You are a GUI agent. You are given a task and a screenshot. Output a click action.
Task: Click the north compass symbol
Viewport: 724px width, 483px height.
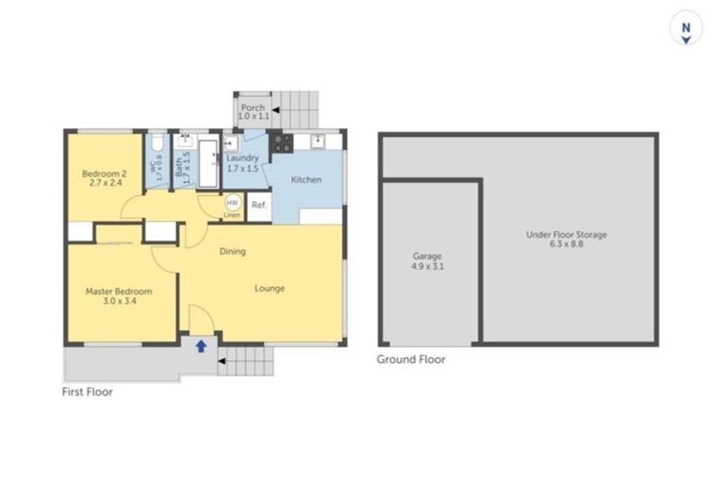tap(686, 28)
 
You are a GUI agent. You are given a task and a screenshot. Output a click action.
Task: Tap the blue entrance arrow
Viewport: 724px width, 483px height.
tap(201, 346)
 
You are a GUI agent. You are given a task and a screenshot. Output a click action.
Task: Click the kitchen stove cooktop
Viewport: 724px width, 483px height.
tap(281, 144)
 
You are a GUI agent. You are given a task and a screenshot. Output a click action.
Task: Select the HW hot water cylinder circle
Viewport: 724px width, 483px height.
tap(232, 203)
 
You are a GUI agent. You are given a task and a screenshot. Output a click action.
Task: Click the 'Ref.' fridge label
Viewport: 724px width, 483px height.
tap(259, 205)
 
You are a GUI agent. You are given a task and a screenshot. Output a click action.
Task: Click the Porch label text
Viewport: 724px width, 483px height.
tap(253, 108)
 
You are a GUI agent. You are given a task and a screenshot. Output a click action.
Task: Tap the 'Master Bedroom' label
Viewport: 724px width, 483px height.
tap(119, 291)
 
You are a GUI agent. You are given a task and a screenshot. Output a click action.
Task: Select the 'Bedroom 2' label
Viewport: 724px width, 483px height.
tap(104, 174)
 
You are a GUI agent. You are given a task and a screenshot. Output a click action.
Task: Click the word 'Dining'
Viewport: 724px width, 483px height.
tap(232, 252)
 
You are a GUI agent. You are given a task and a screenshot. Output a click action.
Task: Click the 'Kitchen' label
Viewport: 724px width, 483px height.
tap(305, 180)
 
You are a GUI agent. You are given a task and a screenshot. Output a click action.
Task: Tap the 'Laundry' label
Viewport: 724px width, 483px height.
tap(242, 158)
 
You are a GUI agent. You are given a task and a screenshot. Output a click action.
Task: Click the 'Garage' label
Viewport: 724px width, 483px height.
tap(427, 256)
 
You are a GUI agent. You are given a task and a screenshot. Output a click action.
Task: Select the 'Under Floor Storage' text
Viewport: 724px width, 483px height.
tap(566, 234)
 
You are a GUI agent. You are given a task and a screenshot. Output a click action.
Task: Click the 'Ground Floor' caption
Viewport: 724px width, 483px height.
tap(411, 359)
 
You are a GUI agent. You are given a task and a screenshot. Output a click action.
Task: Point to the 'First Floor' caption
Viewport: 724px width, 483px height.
tap(88, 391)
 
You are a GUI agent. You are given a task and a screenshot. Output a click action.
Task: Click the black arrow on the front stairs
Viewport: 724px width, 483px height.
tap(222, 359)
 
